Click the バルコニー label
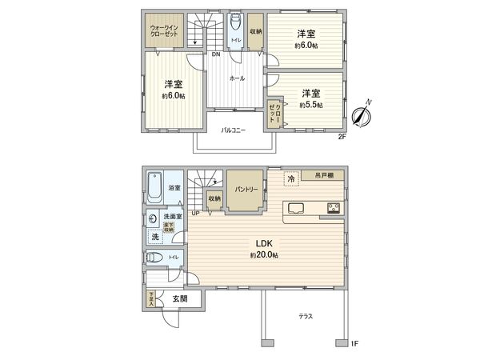pos(233,130)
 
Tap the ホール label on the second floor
pos(237,78)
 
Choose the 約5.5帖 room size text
pos(310,105)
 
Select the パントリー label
pos(245,190)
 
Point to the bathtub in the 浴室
pos(155,189)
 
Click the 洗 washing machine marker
pos(154,238)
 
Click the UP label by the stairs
pos(195,213)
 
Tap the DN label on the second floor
pos(216,54)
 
